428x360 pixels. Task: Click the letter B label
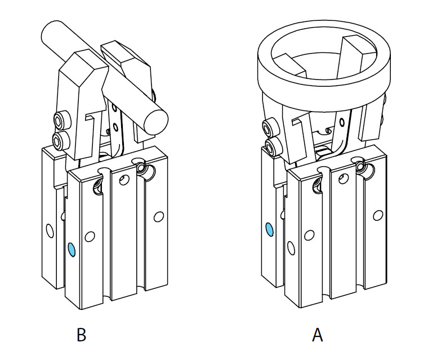click(81, 335)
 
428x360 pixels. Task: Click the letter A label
click(318, 335)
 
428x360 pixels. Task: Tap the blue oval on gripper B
click(71, 250)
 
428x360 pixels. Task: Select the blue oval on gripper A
click(269, 229)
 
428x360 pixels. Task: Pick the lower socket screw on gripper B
click(58, 139)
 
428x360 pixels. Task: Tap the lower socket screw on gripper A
click(274, 148)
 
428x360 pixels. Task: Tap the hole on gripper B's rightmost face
click(159, 215)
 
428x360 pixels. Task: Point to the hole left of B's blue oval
click(49, 230)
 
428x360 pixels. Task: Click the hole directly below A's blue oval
click(291, 247)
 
